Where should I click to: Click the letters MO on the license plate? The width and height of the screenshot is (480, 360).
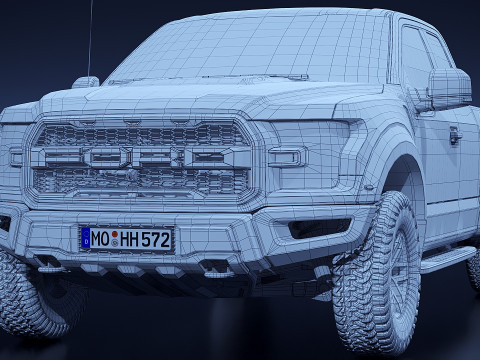click(100, 239)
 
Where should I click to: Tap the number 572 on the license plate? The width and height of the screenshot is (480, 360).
click(154, 240)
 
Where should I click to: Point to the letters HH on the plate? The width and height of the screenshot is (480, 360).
click(131, 239)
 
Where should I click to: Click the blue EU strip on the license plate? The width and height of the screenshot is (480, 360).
click(86, 239)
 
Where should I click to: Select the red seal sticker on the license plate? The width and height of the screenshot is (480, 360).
click(115, 239)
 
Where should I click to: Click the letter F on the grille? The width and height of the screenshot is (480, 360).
click(59, 156)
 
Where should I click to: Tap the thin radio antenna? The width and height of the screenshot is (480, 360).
click(90, 40)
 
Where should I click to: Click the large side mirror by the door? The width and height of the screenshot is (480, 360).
click(449, 87)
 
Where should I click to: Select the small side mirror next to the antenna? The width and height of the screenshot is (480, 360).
click(86, 82)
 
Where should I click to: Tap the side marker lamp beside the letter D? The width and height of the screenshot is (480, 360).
click(287, 156)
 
